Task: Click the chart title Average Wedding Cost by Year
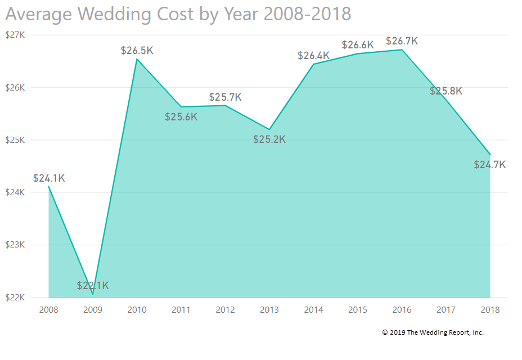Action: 178,14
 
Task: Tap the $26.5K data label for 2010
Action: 137,51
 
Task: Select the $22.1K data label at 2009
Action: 93,286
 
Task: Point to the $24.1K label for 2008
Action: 49,178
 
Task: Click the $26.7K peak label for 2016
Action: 402,42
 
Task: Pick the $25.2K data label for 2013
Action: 269,139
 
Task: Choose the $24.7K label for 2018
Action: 489,165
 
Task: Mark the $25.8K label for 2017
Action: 446,91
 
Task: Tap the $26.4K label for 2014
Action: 314,56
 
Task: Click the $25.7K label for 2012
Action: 225,97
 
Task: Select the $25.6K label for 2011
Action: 181,117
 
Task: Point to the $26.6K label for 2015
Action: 358,45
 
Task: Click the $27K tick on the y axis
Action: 15,35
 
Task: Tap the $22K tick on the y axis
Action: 15,297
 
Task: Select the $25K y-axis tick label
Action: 15,140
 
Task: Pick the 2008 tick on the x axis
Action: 49,310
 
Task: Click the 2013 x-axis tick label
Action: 269,310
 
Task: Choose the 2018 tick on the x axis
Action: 489,310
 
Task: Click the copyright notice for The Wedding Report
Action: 433,332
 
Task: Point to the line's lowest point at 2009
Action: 93,294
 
